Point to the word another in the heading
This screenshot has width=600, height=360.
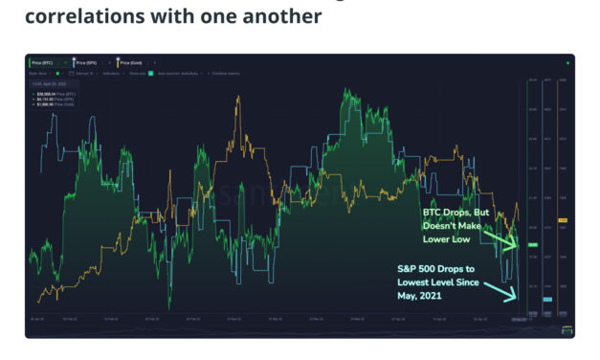pyautogui.click(x=284, y=17)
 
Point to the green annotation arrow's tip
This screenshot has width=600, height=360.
pyautogui.click(x=517, y=246)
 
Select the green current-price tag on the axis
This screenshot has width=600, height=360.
pyautogui.click(x=532, y=246)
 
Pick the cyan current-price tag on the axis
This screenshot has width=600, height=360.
pyautogui.click(x=548, y=299)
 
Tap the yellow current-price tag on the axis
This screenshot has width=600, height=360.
pyautogui.click(x=563, y=220)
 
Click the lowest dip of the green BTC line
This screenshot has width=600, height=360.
pyautogui.click(x=169, y=308)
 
